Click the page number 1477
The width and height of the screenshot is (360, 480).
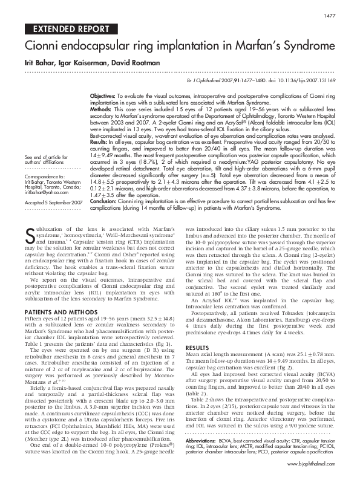click(330, 15)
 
